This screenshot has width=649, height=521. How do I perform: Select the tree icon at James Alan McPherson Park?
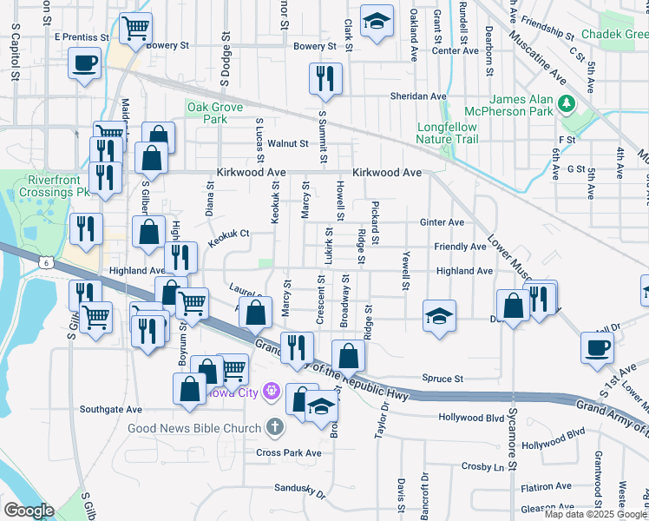tap(567, 104)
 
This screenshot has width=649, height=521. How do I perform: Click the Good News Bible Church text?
tap(193, 428)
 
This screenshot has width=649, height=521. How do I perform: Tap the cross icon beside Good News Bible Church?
tap(275, 427)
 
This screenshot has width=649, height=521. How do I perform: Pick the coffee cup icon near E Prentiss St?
tap(84, 64)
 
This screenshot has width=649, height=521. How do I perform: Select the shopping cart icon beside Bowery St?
tap(134, 29)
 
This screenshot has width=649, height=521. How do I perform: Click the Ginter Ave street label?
tap(442, 222)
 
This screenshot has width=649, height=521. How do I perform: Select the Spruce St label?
tap(442, 379)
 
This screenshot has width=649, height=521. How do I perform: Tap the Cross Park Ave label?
tap(289, 453)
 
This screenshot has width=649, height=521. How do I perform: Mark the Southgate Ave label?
tap(110, 409)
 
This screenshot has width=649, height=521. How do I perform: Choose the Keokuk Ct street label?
tap(227, 234)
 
